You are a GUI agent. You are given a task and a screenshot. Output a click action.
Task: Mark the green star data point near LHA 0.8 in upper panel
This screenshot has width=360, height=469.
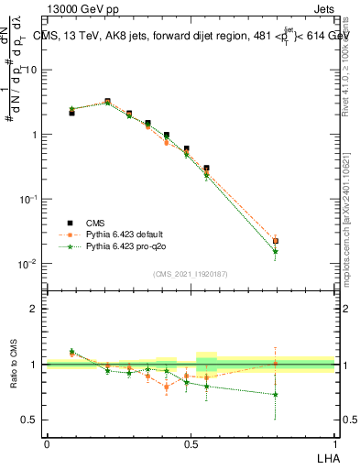[x=276, y=251]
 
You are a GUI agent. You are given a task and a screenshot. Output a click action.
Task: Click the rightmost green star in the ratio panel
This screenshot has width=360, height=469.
[x=276, y=395]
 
